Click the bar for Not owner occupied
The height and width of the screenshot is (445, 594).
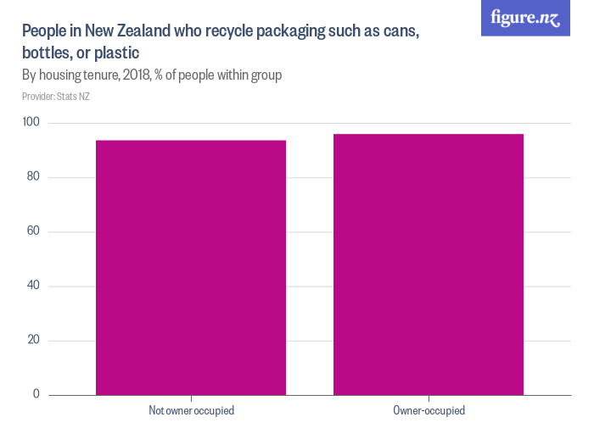click(x=191, y=267)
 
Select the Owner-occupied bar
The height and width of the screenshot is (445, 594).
click(x=429, y=264)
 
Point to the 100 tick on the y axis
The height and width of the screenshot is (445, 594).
click(x=32, y=123)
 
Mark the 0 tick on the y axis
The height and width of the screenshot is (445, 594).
click(x=36, y=394)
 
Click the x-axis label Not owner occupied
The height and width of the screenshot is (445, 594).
click(x=191, y=411)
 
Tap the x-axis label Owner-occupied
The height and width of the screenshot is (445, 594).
click(x=429, y=411)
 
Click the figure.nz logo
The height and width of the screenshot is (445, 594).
click(x=525, y=18)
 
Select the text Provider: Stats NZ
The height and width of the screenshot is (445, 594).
click(x=56, y=97)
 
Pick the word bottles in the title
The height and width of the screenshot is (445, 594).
click(x=44, y=53)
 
